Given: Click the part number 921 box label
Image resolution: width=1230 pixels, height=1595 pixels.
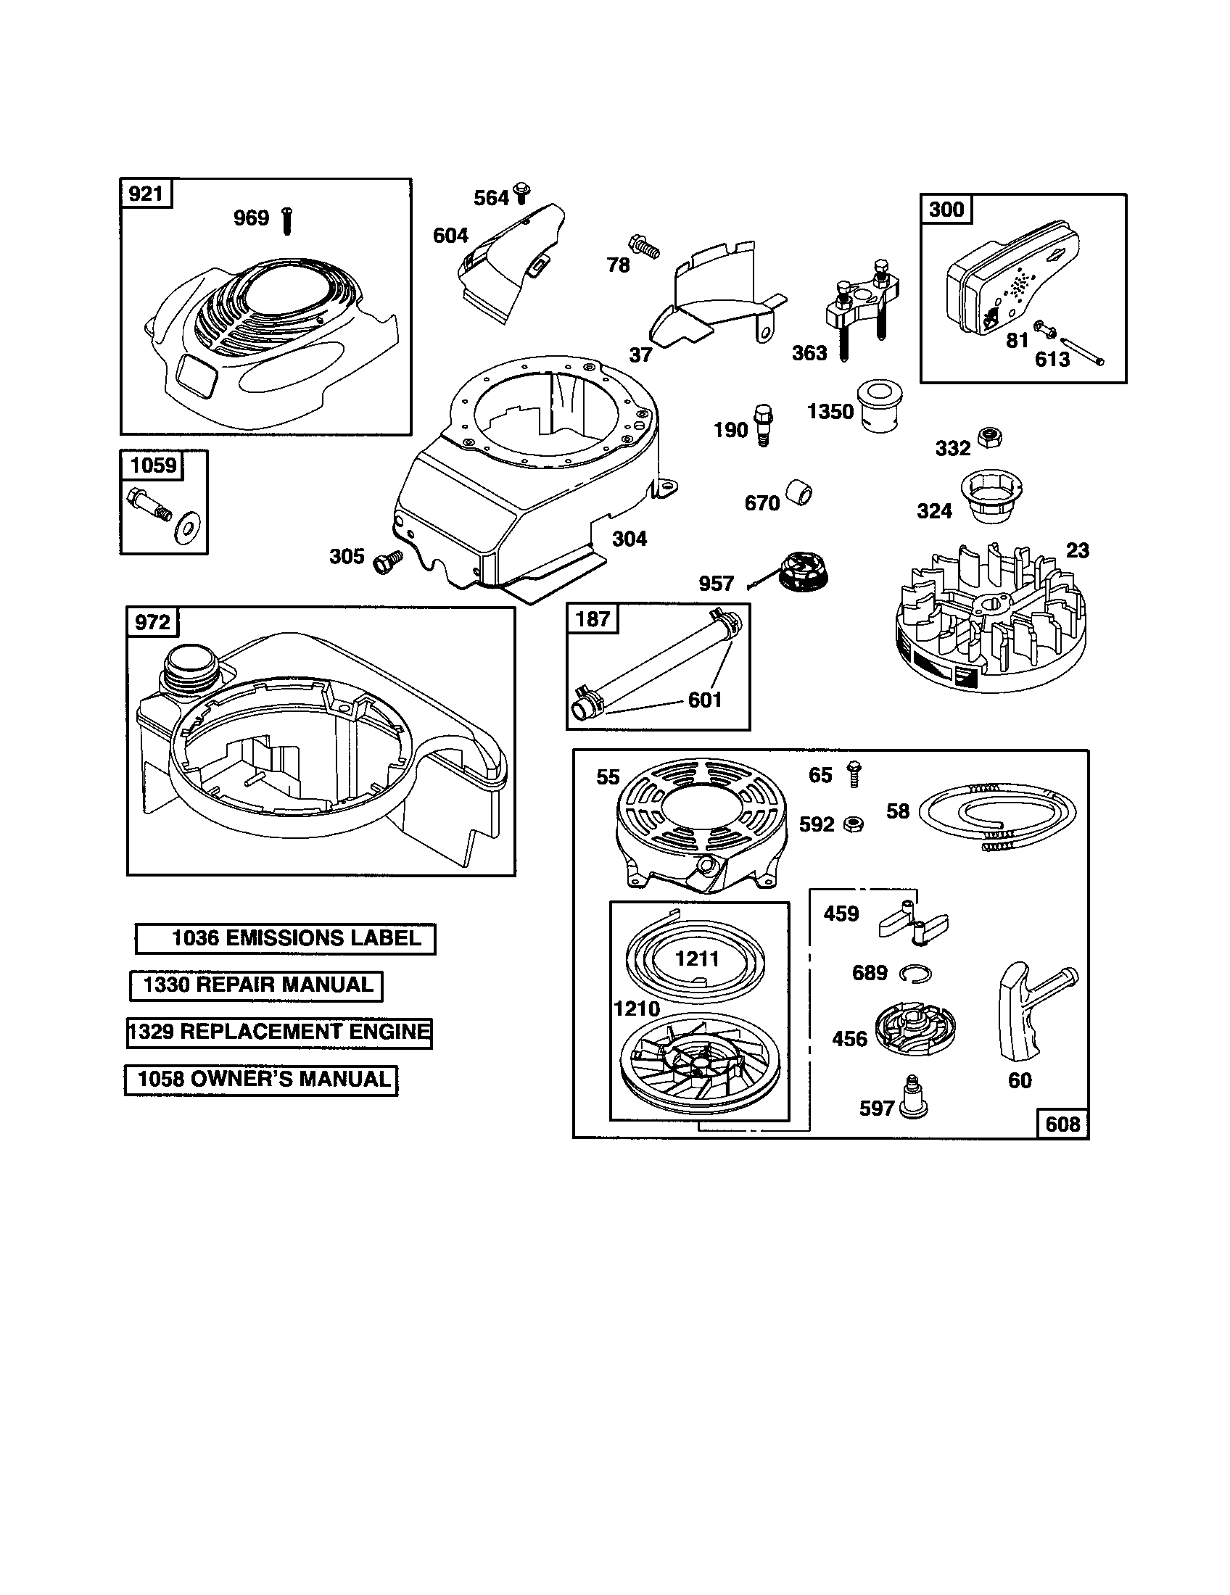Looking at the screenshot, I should click(145, 194).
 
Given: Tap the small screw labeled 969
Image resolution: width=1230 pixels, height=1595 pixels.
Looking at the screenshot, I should click(287, 220).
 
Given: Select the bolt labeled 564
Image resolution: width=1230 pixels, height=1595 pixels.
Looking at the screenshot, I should click(521, 194).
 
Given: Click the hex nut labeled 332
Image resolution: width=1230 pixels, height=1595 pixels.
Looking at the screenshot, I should click(991, 437).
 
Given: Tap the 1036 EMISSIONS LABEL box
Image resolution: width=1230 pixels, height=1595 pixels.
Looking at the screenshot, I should click(286, 938).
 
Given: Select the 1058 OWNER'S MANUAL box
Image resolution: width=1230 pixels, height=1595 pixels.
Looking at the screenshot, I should click(262, 1080).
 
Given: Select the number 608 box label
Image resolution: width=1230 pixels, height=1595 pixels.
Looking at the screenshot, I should click(1062, 1123).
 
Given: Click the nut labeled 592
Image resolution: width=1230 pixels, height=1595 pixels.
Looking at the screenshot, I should click(853, 824).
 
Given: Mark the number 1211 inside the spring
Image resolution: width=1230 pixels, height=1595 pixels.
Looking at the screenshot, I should click(697, 959).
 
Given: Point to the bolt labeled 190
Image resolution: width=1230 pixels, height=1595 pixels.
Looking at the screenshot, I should click(764, 424).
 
